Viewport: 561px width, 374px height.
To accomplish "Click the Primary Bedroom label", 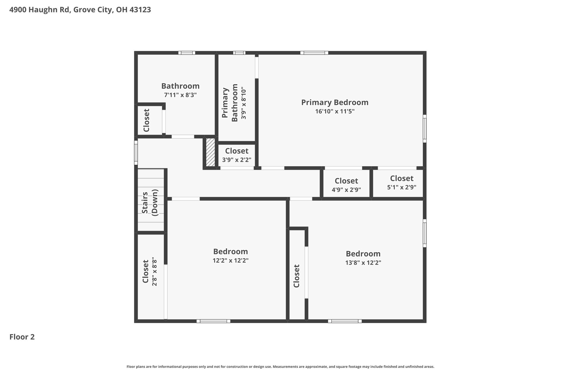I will tap(335, 103).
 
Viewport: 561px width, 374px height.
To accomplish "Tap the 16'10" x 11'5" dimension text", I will tap(335, 111).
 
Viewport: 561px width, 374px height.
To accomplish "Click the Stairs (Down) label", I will tap(150, 202).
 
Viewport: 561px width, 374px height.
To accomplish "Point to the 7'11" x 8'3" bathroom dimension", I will tap(180, 95).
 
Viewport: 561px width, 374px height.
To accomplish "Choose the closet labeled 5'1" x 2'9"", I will tap(401, 183).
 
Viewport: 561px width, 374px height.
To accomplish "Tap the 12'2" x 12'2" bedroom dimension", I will tap(231, 260).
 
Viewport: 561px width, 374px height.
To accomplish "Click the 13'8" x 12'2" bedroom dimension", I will tap(363, 263).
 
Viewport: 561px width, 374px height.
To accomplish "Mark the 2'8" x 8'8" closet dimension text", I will tap(155, 272).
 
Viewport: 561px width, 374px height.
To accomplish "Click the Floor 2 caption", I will tap(22, 337).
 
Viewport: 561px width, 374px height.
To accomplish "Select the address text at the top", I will tap(80, 10).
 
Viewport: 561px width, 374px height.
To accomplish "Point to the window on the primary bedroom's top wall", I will tap(314, 53).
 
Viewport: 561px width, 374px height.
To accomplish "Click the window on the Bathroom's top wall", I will tap(187, 53).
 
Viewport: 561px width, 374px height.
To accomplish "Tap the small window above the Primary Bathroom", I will tap(239, 53).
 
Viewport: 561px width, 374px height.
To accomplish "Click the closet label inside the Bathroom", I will tap(146, 120).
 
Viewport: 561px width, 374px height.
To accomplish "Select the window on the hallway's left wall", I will tap(136, 153).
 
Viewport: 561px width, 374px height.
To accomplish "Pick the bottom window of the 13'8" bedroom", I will tap(344, 321).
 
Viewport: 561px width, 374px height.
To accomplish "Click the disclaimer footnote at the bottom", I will tap(280, 366).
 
